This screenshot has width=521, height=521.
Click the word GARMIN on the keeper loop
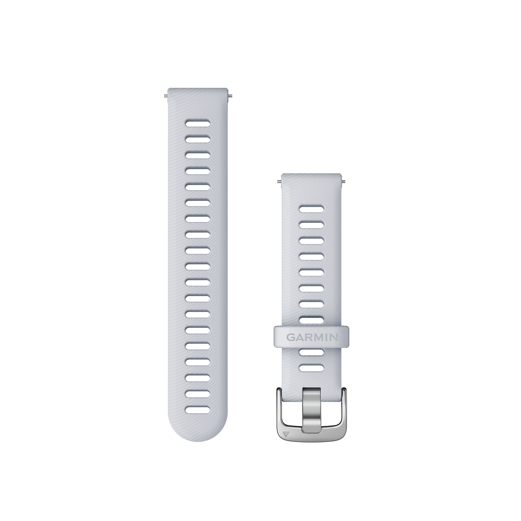coord(312,337)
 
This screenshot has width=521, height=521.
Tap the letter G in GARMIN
coord(291,337)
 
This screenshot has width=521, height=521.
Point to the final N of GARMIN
coord(334,337)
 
